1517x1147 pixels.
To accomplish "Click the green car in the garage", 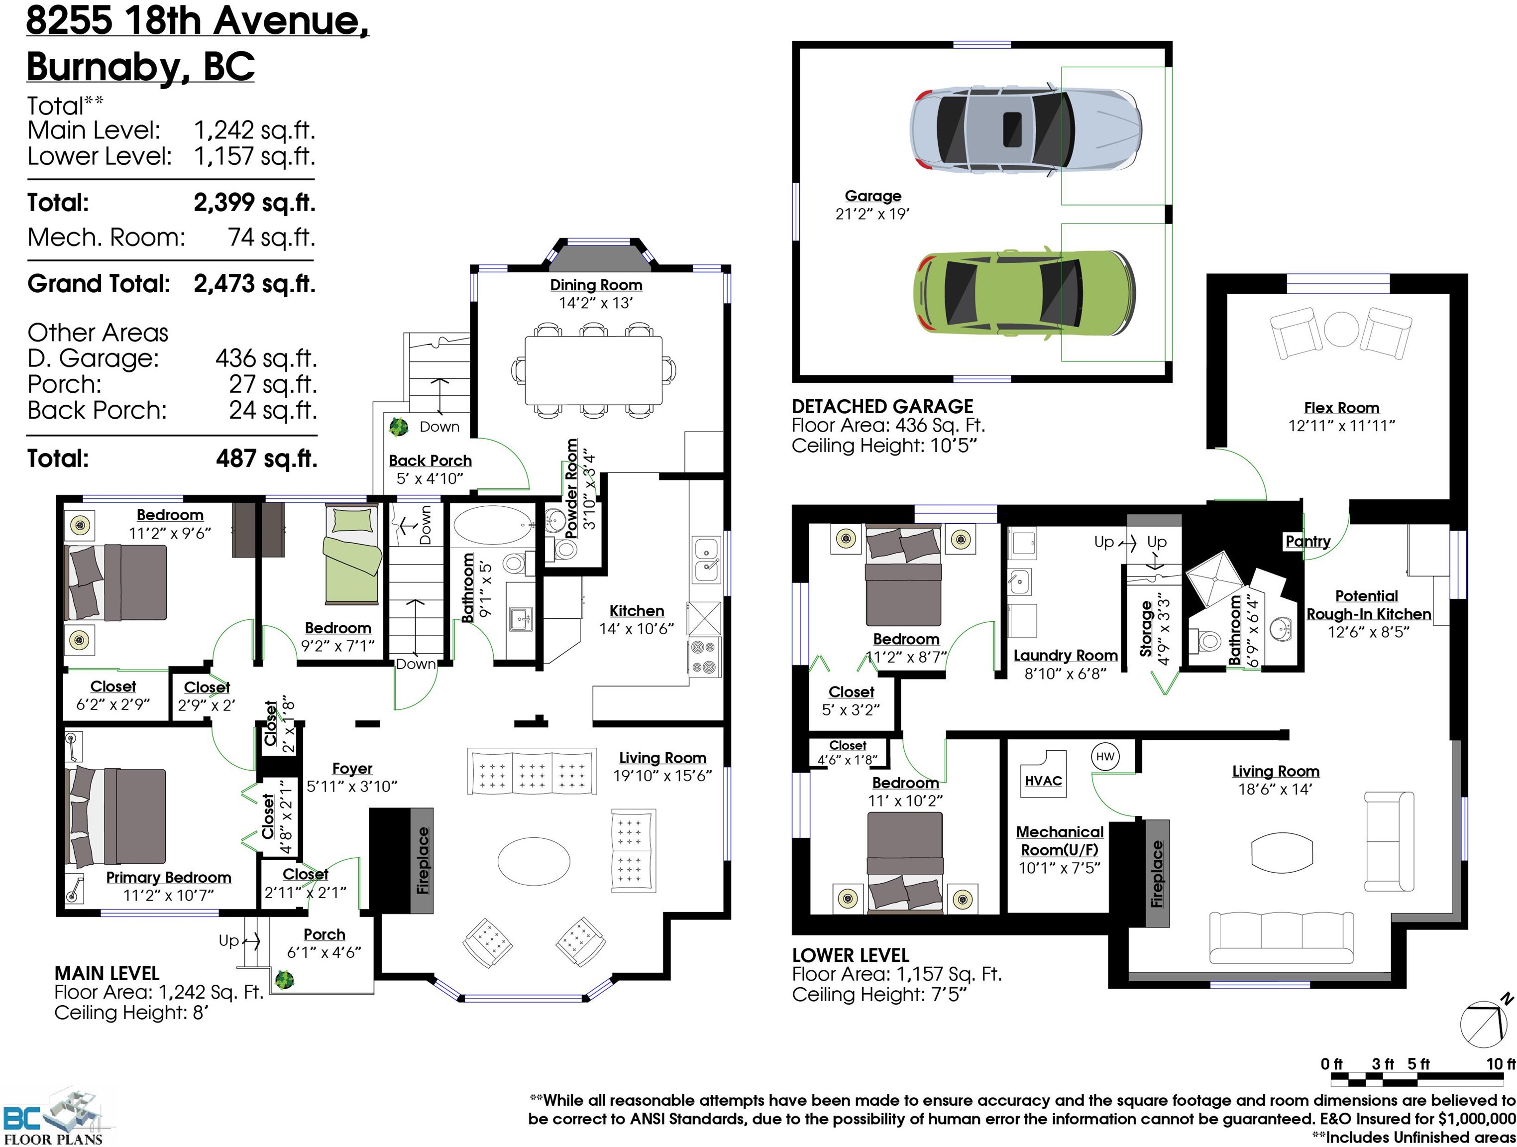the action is tap(1025, 294).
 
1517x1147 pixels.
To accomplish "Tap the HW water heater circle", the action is tap(1105, 757).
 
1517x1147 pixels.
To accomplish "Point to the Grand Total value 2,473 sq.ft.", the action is tap(254, 283).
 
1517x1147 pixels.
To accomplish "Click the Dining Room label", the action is tap(596, 285).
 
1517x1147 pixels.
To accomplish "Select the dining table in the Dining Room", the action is tap(594, 370).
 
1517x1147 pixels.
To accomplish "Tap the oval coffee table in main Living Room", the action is tap(534, 862).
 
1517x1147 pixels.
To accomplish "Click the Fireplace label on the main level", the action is tap(423, 861).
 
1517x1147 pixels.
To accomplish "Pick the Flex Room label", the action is tap(1341, 408).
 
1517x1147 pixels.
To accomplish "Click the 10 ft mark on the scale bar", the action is tap(1500, 1064).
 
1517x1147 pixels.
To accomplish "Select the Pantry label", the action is tap(1308, 541).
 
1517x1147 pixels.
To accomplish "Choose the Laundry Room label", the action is tap(1065, 656).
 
